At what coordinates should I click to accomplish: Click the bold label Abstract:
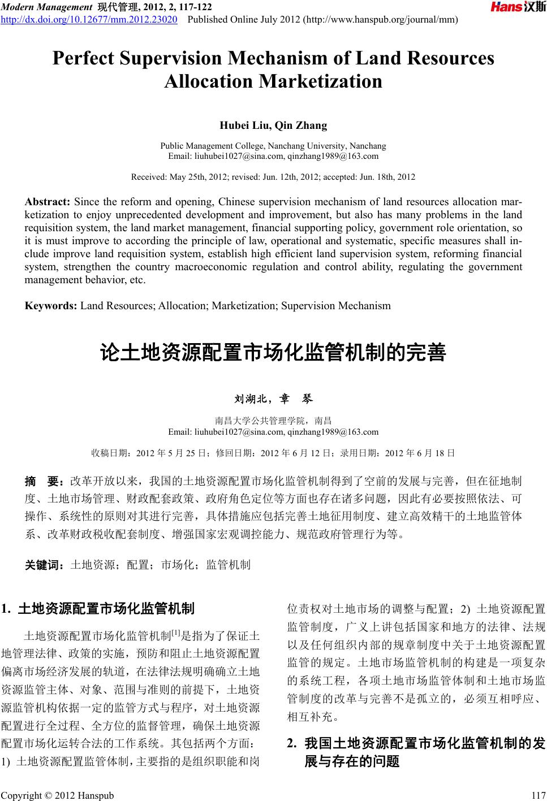tap(48, 202)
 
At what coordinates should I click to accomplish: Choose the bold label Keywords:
tap(51, 306)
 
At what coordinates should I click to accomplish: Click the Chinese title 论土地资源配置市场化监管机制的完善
tap(273, 352)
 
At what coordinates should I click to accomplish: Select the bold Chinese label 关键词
tap(45, 564)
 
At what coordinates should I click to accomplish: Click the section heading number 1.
tap(7, 609)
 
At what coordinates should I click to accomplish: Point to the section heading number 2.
tap(292, 743)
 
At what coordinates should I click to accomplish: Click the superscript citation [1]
tap(175, 631)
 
